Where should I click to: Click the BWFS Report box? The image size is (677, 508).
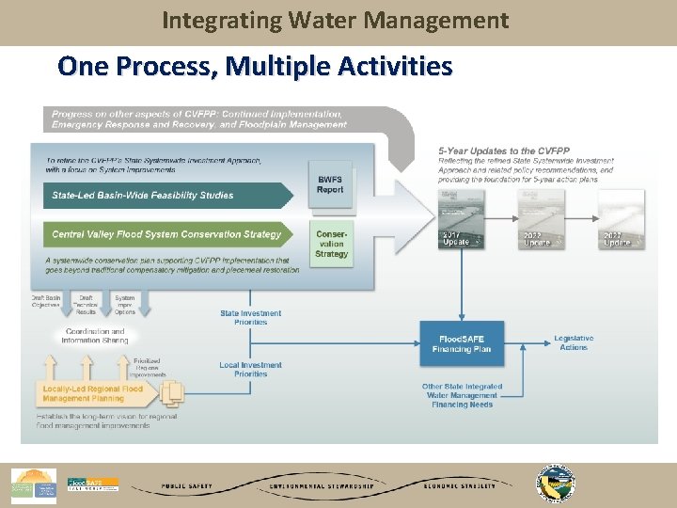pos(330,184)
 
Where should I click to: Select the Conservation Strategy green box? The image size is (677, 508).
pos(331,243)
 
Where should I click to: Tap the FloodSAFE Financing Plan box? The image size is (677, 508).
pos(462,343)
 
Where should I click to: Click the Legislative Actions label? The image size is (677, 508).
pos(573,342)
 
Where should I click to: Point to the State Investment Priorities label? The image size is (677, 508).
pos(250,318)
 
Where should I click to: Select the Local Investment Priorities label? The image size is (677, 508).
pos(250,370)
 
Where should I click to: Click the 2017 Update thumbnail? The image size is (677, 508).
pos(463,217)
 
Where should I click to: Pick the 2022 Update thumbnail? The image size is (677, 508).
pos(541,217)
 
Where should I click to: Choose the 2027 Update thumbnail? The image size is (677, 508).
pos(621,217)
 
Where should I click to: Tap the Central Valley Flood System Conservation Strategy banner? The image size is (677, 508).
pos(166,234)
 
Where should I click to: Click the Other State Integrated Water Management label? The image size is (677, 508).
pos(462,395)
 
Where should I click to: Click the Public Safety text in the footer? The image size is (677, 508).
pos(186,486)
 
